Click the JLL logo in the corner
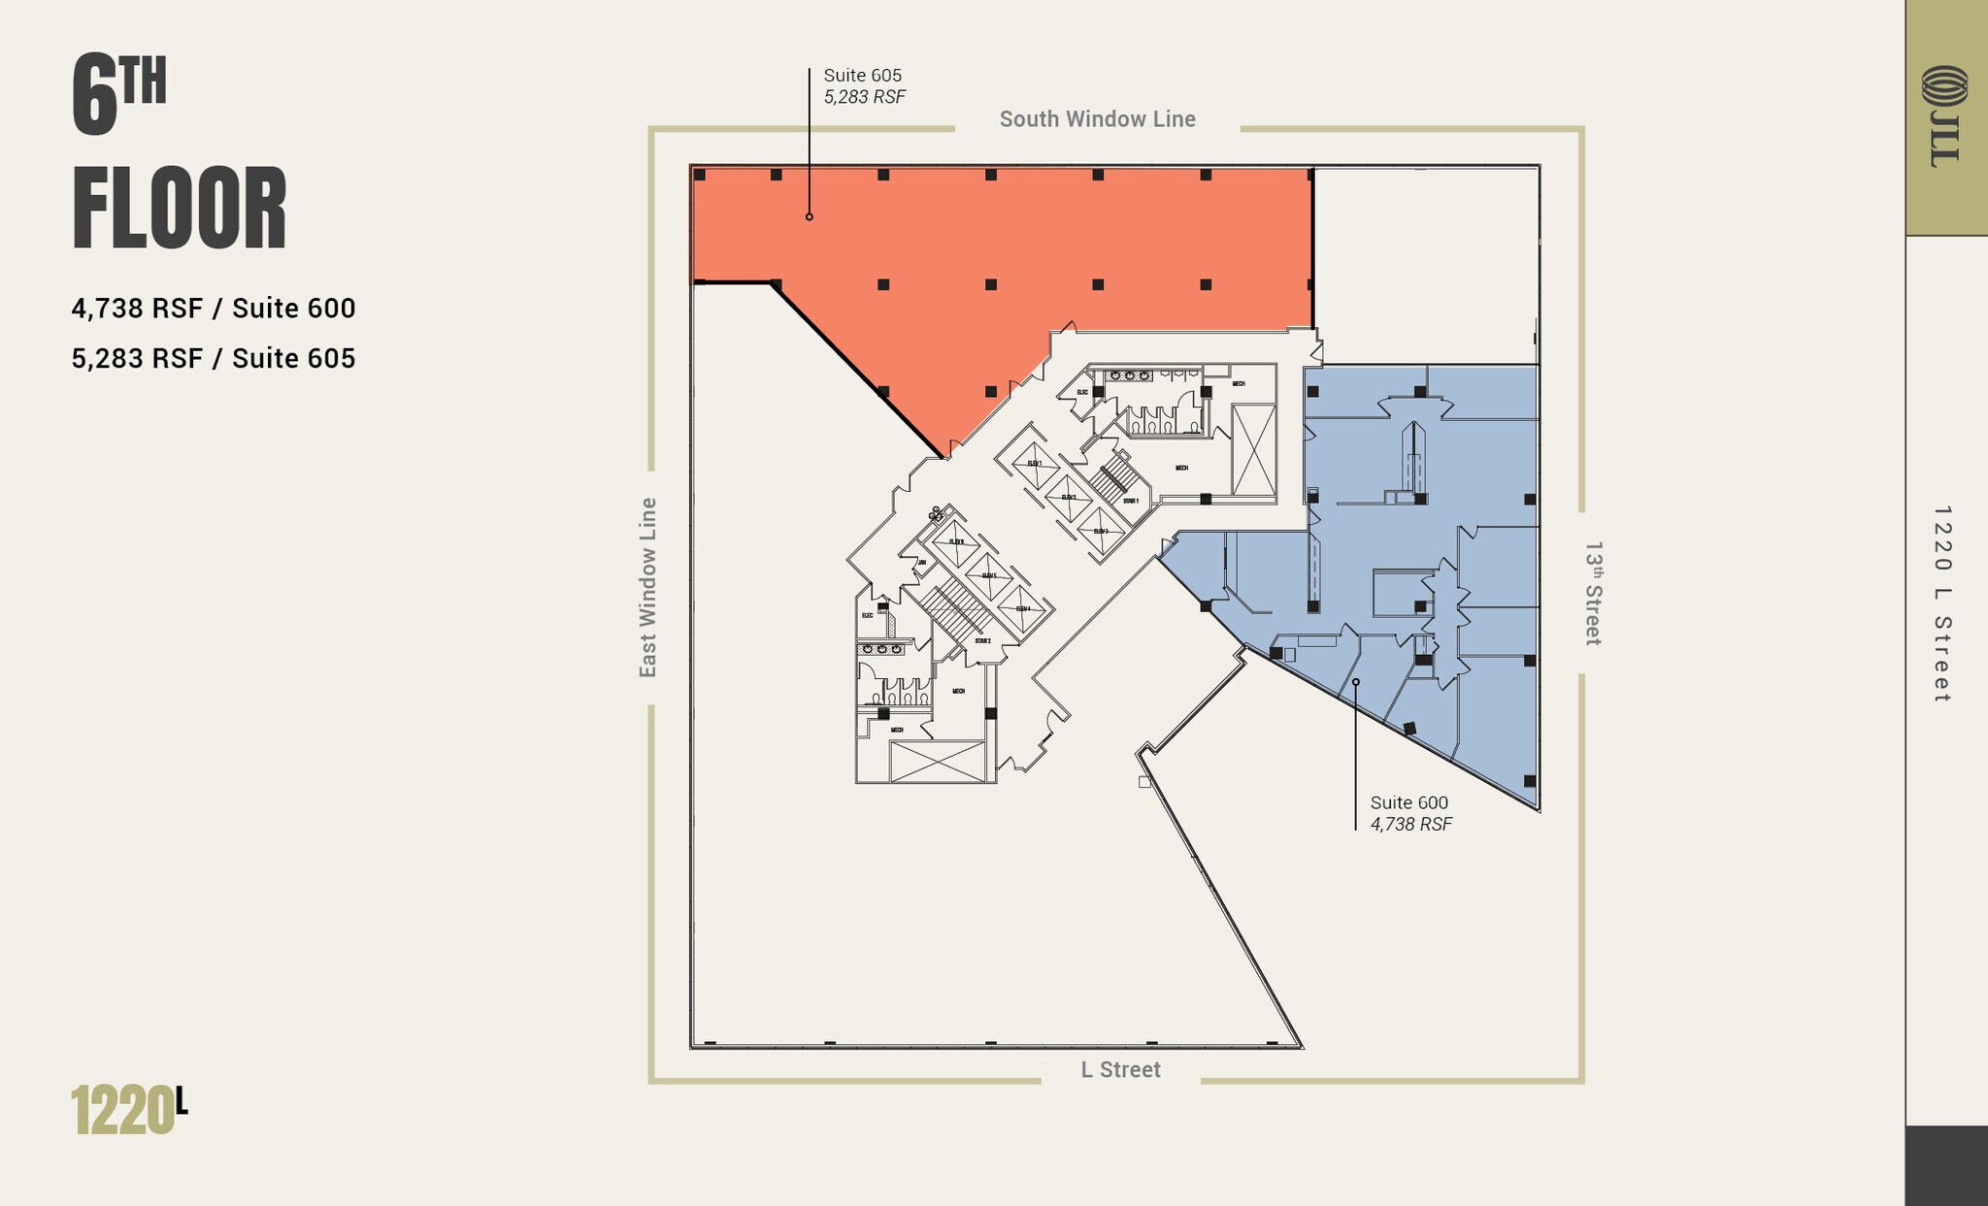tap(1945, 115)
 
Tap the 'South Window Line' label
tap(1097, 119)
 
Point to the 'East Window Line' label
tap(647, 587)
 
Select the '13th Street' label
tap(1593, 593)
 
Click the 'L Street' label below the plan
tap(1120, 1069)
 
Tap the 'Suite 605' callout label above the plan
tap(863, 76)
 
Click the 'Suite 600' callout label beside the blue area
tap(1408, 802)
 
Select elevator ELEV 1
tap(1034, 464)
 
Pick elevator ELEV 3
tap(1100, 531)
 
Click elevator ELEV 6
tap(956, 542)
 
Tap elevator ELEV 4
tap(1022, 609)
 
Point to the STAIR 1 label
tap(1131, 501)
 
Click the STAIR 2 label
tap(982, 640)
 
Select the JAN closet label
tap(921, 562)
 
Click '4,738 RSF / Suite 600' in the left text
tap(214, 309)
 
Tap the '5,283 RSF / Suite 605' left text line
tap(214, 359)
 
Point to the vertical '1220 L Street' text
tap(1941, 603)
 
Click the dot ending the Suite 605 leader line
tap(810, 217)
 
